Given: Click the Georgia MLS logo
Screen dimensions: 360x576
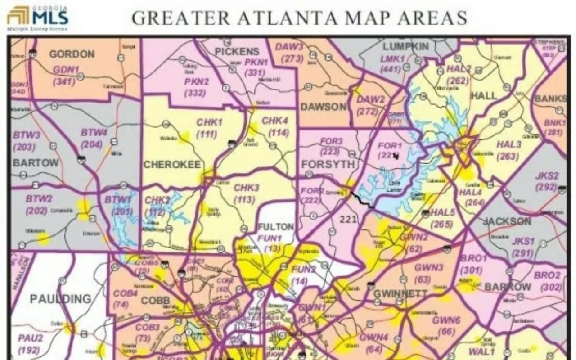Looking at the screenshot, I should click(x=38, y=18).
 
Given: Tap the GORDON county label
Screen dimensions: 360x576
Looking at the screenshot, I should click(x=72, y=54).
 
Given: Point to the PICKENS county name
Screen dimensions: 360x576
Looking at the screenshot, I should click(x=237, y=52).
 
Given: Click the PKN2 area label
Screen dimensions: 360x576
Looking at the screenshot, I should click(x=197, y=81).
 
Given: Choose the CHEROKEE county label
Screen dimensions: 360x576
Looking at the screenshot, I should click(x=172, y=165).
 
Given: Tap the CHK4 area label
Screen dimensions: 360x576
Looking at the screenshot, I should click(x=275, y=121).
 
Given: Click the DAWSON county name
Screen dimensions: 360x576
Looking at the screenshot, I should click(x=324, y=107).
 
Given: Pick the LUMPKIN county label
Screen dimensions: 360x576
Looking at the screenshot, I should click(x=405, y=47).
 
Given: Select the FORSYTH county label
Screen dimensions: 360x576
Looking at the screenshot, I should click(x=328, y=164).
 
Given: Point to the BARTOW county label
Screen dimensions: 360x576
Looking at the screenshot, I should click(x=36, y=162).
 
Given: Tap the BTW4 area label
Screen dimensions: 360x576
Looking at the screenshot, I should click(x=94, y=133).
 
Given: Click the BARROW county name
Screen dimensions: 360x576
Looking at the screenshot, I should click(x=508, y=287).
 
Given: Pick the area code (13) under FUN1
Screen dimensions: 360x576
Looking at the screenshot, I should click(x=273, y=249).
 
